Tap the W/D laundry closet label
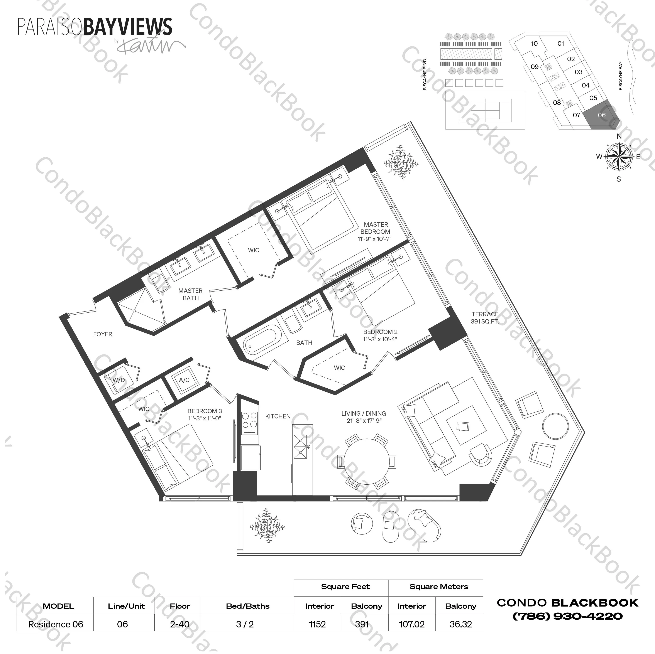click(x=119, y=380)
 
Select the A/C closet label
click(x=184, y=380)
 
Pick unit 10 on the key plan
click(x=534, y=43)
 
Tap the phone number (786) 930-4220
click(x=567, y=616)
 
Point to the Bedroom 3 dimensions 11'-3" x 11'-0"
click(x=205, y=418)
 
